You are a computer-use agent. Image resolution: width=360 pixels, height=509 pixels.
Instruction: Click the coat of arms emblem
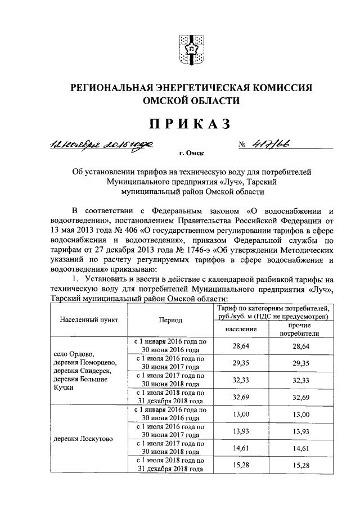191,50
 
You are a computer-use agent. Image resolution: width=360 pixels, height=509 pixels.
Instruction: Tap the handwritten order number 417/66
280,143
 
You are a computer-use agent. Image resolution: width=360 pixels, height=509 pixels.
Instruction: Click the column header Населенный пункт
89,319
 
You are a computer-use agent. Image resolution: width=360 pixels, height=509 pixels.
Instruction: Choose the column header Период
170,319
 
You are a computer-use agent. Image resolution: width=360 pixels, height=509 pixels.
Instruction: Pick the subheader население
241,328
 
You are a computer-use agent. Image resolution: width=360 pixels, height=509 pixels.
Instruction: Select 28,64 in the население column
241,346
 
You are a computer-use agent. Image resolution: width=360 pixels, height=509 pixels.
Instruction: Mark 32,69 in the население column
241,397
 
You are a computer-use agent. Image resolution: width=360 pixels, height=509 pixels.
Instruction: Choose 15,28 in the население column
241,466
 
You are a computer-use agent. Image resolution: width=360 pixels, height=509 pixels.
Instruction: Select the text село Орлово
73,353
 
